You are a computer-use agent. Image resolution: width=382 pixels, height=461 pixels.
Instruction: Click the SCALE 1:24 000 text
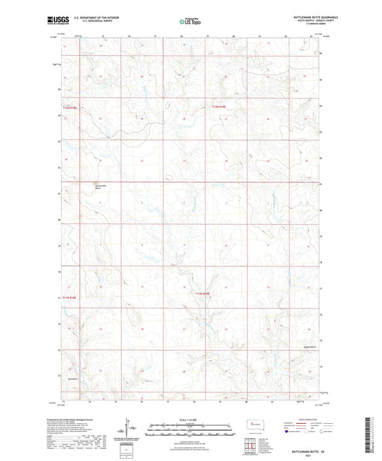click(x=191, y=419)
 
